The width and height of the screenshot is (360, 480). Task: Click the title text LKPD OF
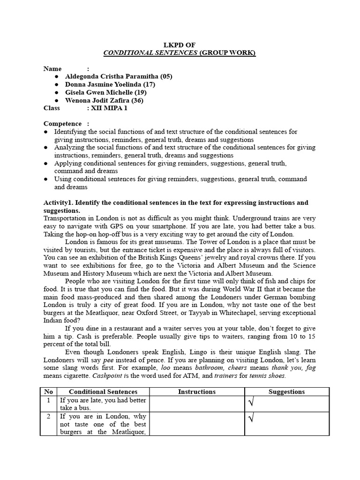[180, 45]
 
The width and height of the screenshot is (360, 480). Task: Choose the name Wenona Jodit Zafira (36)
[105, 100]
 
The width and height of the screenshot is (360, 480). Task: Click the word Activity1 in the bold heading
[58, 203]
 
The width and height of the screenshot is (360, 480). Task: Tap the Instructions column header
[197, 392]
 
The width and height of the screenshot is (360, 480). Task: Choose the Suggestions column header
[286, 392]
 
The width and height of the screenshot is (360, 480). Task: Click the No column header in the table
[48, 392]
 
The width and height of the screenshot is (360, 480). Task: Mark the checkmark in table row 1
[250, 403]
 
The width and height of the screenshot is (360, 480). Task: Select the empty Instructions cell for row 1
[197, 404]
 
